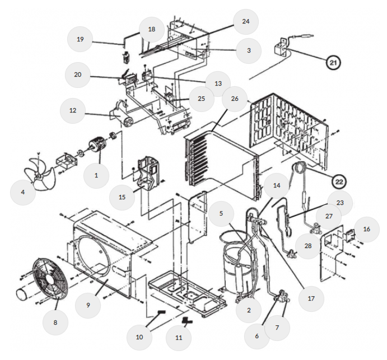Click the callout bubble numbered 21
[333, 63]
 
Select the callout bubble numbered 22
[339, 181]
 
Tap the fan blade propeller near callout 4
[39, 174]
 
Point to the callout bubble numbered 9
[88, 305]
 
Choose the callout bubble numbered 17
[311, 298]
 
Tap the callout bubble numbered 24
[245, 22]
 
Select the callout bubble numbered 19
[80, 39]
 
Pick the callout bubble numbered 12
[73, 110]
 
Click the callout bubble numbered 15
[122, 197]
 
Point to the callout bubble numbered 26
[235, 99]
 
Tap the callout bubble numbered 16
[366, 229]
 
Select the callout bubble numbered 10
[139, 337]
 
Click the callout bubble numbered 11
[179, 338]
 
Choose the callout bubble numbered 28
[308, 246]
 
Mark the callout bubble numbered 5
[221, 213]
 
